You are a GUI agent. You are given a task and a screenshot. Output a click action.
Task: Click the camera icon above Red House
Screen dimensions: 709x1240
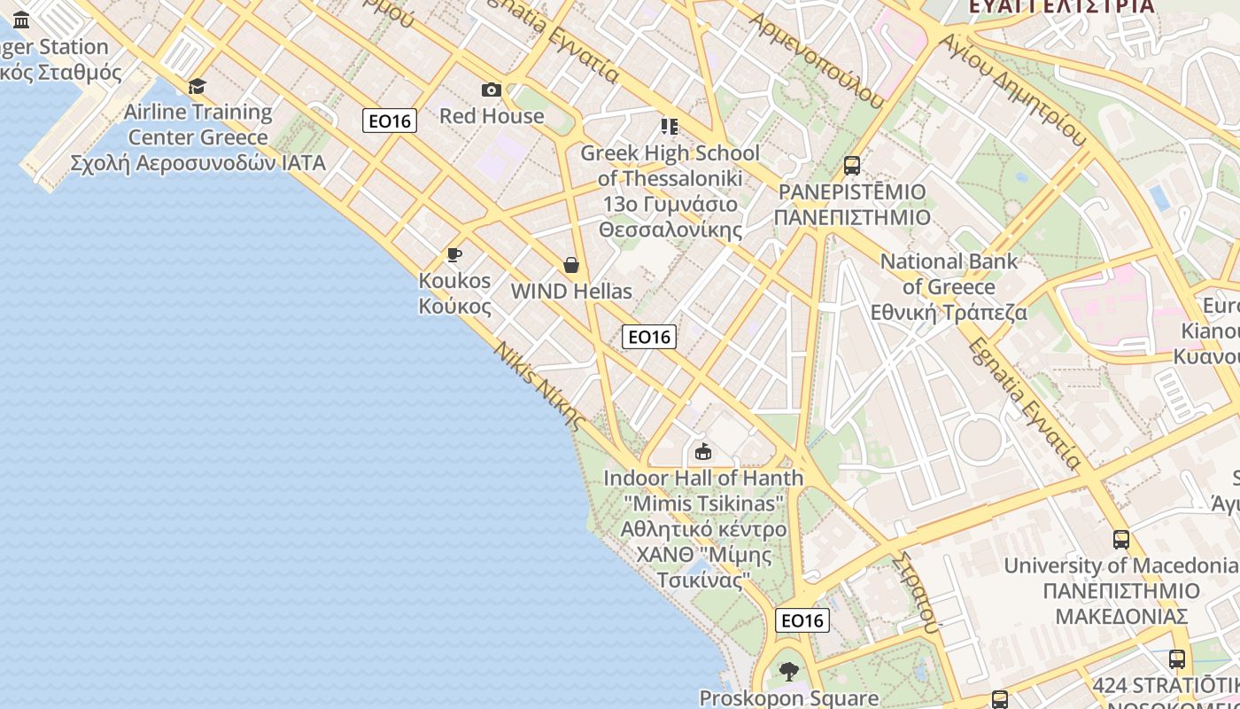491,90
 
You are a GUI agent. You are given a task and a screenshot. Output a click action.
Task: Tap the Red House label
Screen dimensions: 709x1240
492,116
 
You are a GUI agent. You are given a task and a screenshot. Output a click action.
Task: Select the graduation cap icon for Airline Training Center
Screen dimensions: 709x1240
197,86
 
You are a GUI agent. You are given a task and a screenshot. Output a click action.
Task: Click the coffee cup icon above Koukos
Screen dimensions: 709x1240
454,255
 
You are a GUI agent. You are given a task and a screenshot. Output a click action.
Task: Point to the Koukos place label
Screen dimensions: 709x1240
454,293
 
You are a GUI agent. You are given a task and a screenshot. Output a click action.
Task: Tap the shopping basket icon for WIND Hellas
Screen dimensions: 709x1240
571,265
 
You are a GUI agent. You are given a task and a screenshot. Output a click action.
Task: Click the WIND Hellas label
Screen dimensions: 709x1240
571,292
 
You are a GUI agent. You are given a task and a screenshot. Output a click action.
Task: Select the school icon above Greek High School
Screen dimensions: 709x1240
669,127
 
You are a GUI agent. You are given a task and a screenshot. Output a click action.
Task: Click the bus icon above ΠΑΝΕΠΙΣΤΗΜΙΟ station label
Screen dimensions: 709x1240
852,166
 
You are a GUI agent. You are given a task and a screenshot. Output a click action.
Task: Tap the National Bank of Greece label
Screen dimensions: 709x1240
949,287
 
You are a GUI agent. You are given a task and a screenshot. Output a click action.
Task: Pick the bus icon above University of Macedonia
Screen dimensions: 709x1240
1120,540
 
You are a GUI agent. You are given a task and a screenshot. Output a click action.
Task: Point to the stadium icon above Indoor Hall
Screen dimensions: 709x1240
703,453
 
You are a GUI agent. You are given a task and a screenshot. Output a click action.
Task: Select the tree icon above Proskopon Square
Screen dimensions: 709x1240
788,672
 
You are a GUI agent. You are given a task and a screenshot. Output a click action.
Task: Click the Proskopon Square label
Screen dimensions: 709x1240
788,698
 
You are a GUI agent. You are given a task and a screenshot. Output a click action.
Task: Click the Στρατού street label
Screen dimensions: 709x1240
916,593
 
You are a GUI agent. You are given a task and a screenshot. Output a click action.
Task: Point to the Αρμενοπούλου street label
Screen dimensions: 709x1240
817,59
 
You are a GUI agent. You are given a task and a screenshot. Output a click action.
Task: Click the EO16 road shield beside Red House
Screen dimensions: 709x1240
390,121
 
